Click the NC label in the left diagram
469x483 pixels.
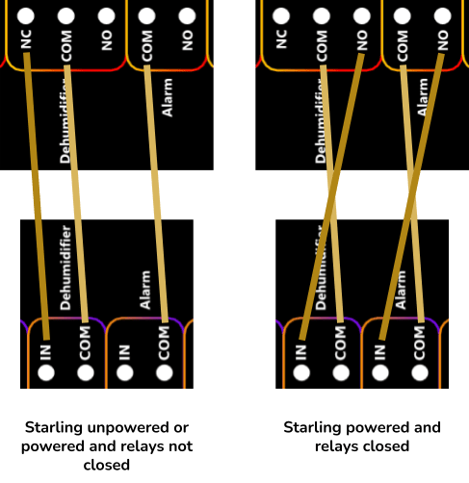point(26,39)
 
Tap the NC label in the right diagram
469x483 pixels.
point(281,39)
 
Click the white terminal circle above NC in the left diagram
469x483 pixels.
point(26,15)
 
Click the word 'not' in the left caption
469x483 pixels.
point(182,446)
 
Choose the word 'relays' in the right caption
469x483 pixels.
point(334,446)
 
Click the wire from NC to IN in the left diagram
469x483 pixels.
point(37,196)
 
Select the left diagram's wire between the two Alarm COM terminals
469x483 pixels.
point(156,193)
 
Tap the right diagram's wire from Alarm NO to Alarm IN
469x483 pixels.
point(411,196)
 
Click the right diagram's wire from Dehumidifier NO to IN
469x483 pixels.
point(331,196)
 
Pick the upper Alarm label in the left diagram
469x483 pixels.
point(168,97)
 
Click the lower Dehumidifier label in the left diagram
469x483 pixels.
point(65,267)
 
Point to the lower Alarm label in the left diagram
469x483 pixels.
point(145,290)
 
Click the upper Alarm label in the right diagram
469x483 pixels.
point(423,97)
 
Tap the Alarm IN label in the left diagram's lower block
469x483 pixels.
point(124,352)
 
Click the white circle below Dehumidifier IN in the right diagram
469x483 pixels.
point(301,372)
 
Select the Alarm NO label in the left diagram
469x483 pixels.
point(187,40)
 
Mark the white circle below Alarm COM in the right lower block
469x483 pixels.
point(420,372)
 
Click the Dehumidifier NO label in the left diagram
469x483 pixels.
point(107,40)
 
